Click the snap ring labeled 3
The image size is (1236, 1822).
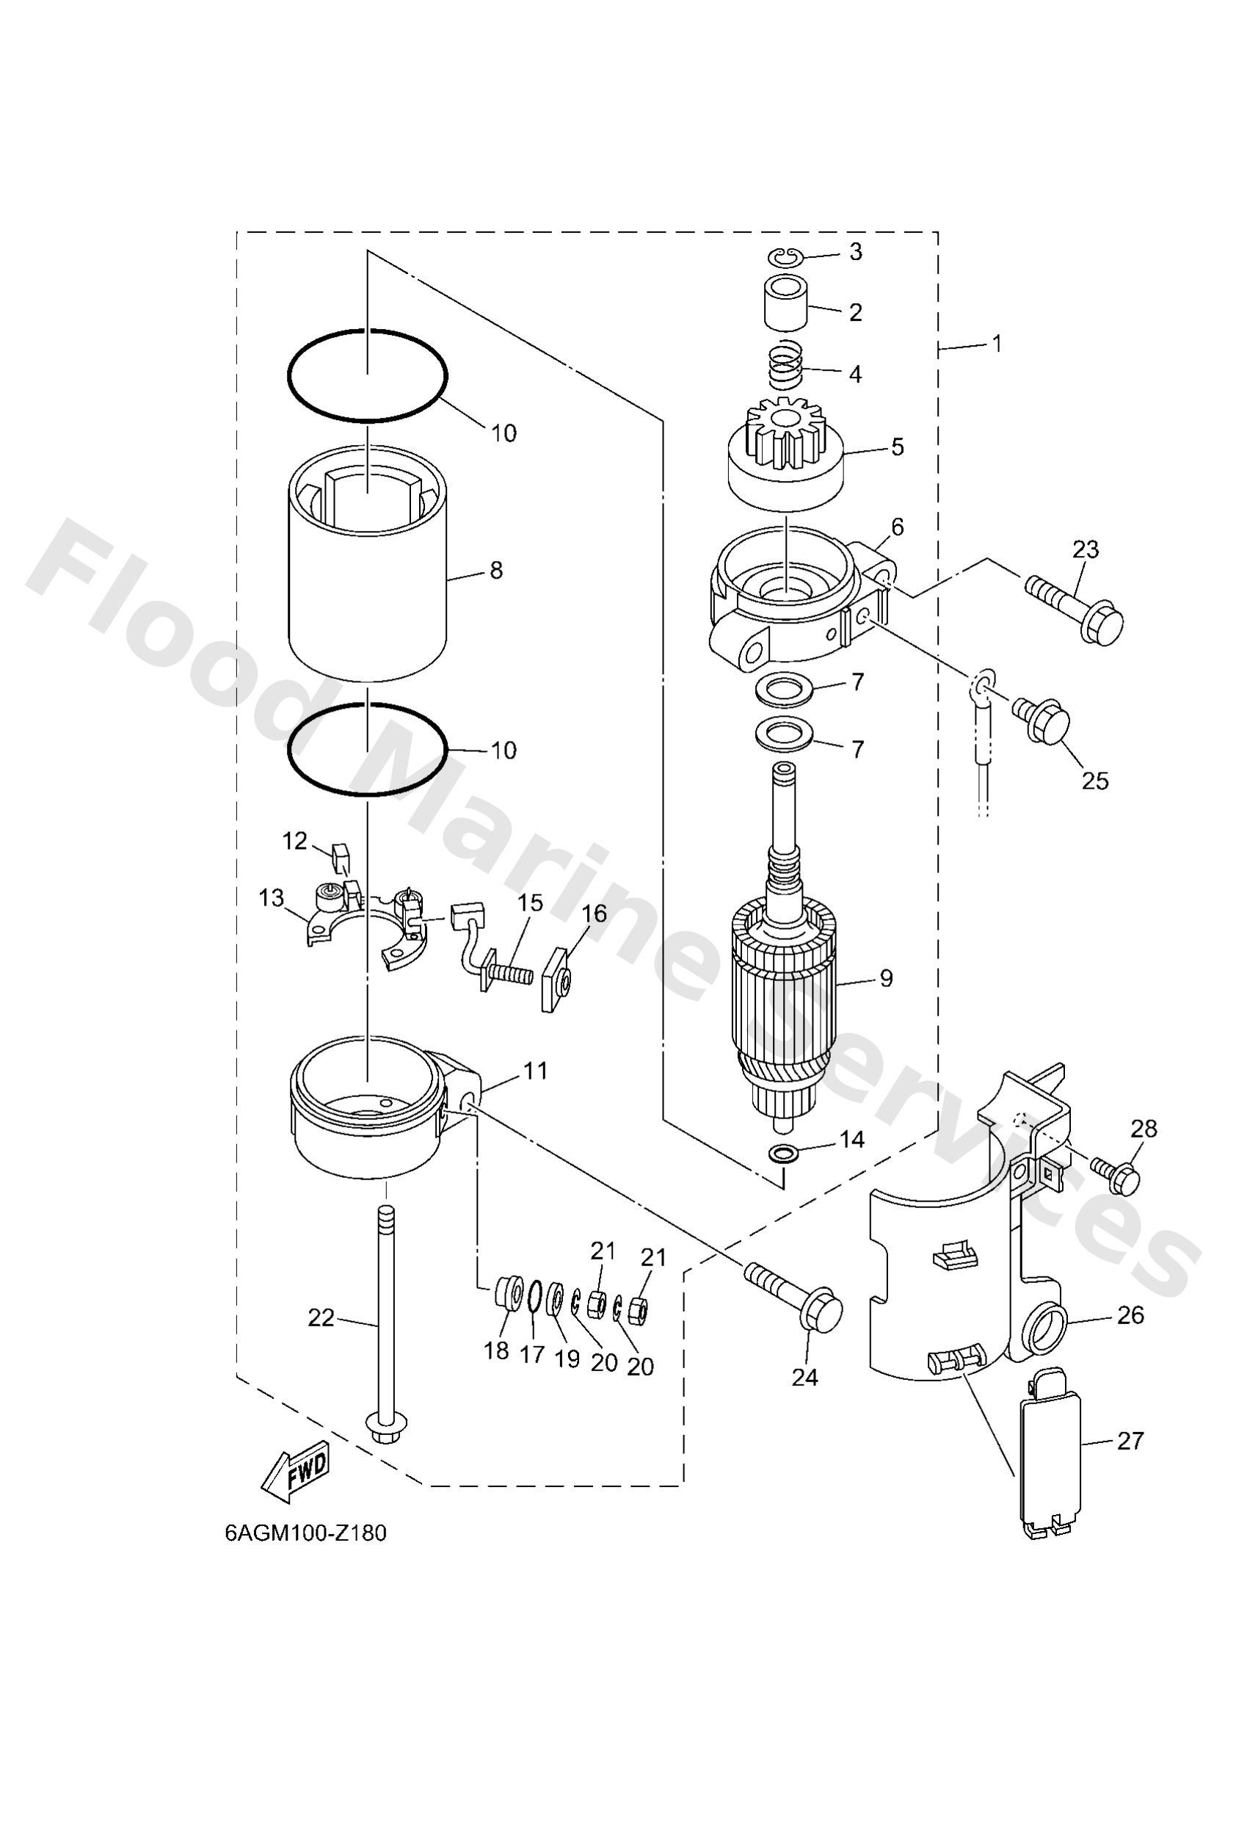782,256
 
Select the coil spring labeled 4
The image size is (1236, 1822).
788,367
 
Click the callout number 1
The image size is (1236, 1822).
996,344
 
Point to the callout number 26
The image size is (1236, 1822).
1130,1314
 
